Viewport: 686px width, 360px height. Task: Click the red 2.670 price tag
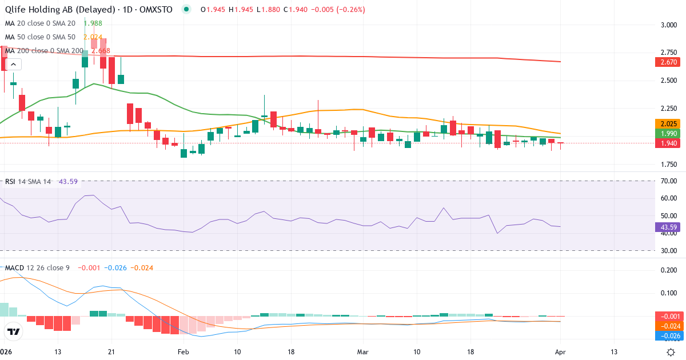[x=667, y=62]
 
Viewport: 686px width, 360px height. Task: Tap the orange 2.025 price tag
[x=667, y=123]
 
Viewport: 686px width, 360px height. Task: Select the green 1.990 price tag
[x=667, y=133]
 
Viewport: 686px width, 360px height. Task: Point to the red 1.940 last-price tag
[x=667, y=143]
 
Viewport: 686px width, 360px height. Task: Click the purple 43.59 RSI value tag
[x=667, y=227]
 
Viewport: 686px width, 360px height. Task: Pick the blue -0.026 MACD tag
[x=667, y=336]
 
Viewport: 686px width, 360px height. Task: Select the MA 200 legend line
[x=57, y=50]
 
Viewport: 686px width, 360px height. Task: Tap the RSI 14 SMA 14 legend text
[x=29, y=181]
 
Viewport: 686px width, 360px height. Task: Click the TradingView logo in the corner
[x=14, y=331]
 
